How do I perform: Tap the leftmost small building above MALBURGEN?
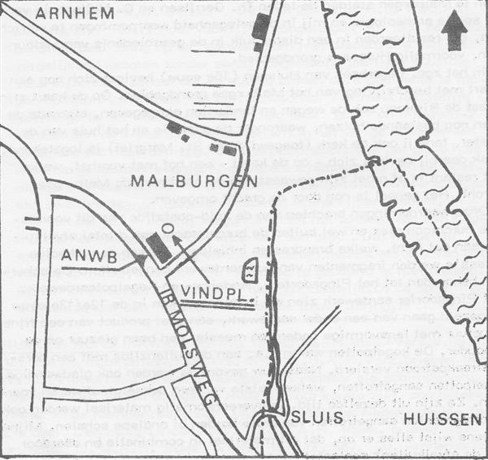pyautogui.click(x=173, y=128)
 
